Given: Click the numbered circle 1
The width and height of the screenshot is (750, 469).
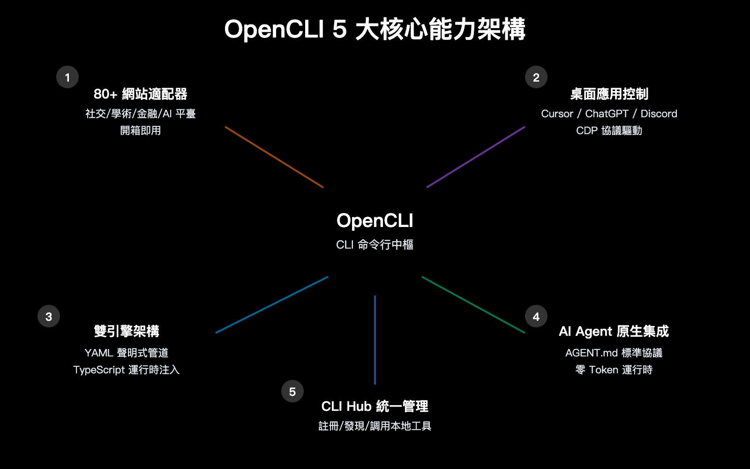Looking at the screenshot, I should coord(67,77).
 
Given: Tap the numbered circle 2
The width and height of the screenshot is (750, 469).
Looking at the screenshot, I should coord(536,77).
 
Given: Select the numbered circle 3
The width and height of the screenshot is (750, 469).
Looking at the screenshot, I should coord(49,317).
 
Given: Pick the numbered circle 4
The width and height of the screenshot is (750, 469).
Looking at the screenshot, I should coord(536,317).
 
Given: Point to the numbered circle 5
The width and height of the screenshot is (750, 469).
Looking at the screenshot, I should coord(292,391).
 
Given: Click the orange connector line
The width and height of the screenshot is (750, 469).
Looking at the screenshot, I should coord(274,157).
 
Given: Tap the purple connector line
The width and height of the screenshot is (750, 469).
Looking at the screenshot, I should coord(476,157).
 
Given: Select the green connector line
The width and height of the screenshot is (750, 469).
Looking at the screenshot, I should coord(473,305).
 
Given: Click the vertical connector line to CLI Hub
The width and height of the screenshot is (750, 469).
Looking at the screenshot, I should coord(375,340).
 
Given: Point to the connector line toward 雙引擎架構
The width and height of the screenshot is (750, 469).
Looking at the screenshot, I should coord(272,305).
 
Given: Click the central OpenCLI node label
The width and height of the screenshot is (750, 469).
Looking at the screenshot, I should coord(375,221).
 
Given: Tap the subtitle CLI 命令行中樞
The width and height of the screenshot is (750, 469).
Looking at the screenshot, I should coord(375,244).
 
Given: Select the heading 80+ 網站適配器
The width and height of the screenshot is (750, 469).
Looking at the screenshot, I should coord(140,94).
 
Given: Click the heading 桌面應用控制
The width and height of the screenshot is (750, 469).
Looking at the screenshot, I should coord(609,94).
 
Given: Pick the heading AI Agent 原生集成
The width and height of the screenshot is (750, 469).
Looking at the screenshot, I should coord(614,331).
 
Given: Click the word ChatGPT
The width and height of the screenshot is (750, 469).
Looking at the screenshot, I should coord(607,113).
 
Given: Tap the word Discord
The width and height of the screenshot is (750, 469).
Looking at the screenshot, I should coord(659,113).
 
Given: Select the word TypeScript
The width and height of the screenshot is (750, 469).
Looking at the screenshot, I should coord(99,370).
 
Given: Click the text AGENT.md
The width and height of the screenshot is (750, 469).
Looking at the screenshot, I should coord(591,353).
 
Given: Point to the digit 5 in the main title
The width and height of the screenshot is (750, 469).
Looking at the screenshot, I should coord(339,29).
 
